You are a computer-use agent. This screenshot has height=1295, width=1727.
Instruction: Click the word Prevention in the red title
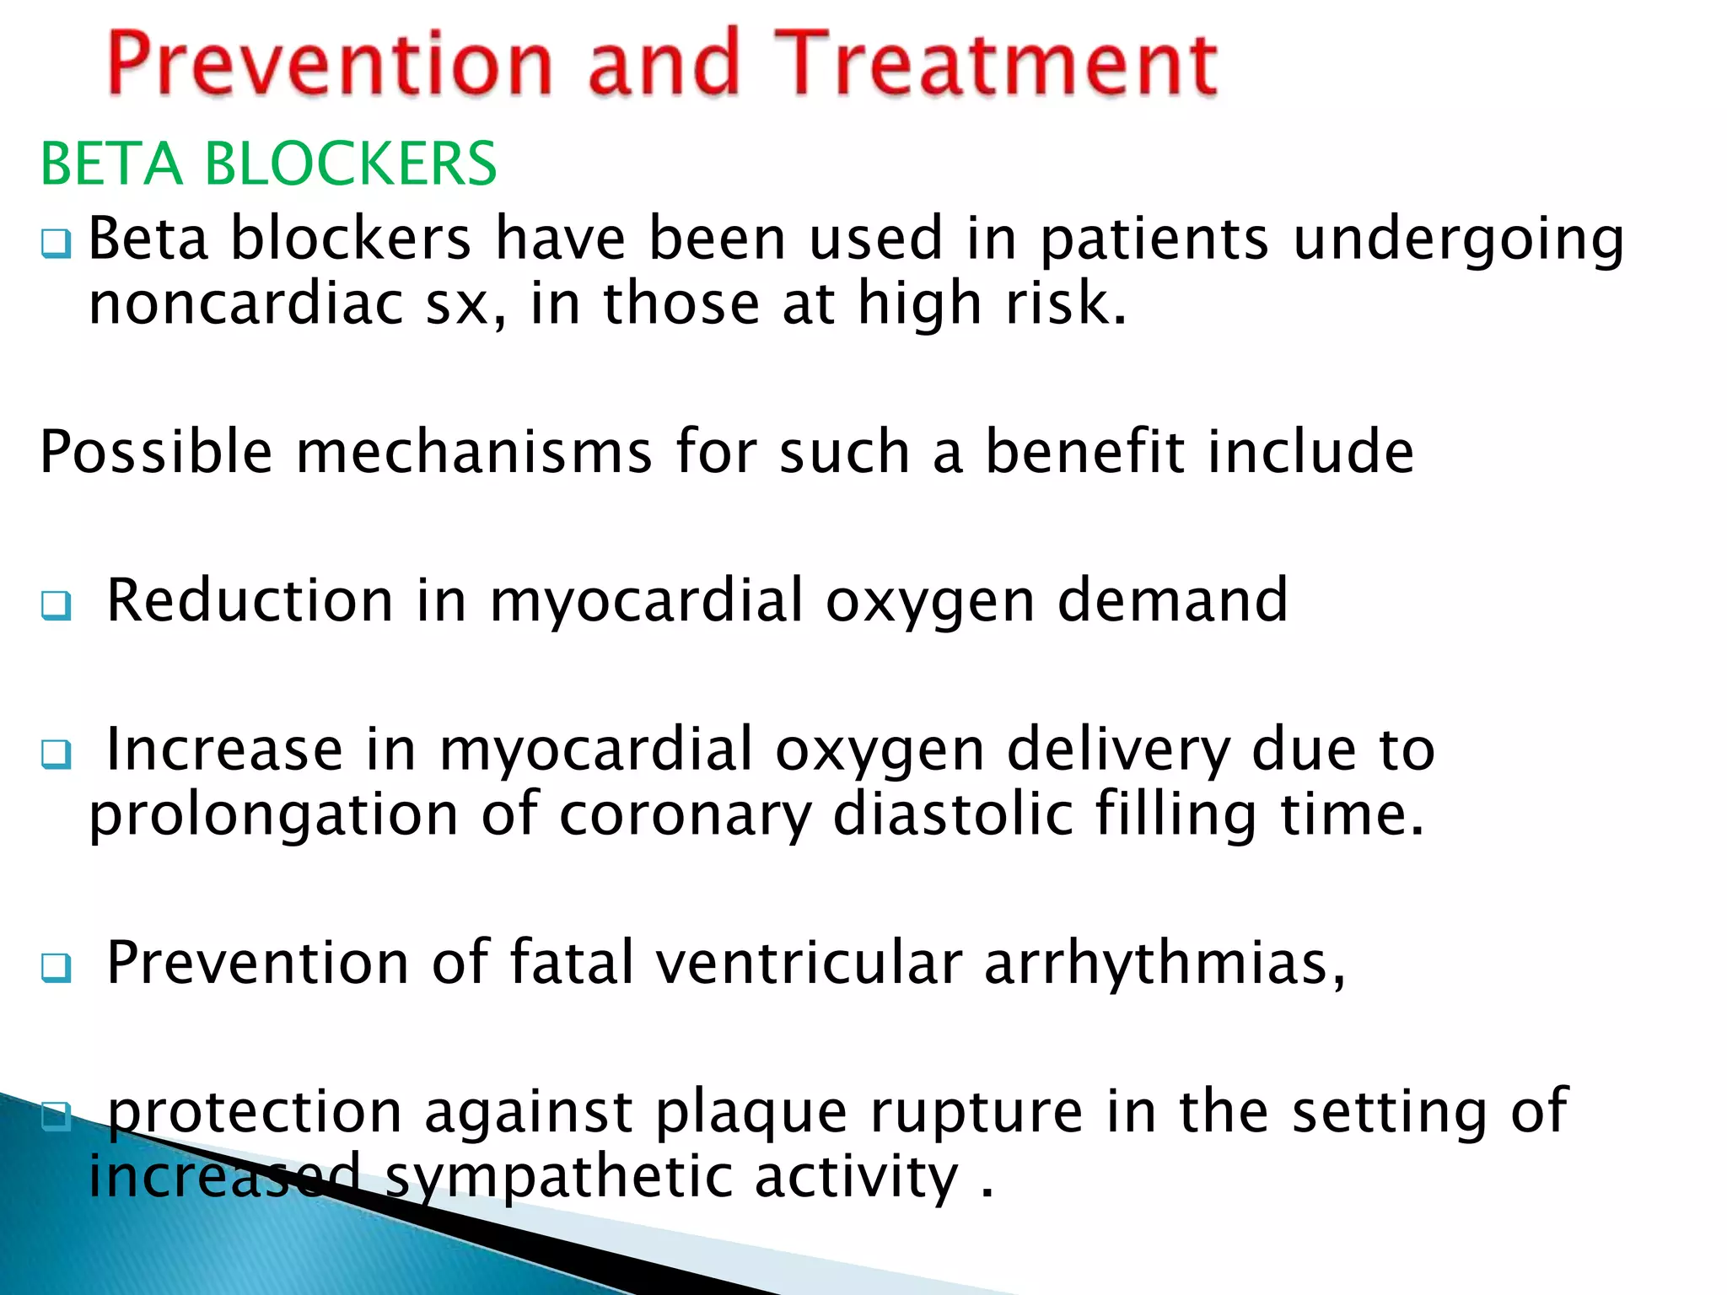329,64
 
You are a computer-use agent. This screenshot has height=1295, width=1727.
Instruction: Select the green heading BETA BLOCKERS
268,164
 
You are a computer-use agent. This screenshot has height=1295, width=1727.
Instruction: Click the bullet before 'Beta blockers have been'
56,244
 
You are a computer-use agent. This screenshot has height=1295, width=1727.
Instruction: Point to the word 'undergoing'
1459,241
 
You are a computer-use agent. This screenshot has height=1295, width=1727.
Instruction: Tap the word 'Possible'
156,453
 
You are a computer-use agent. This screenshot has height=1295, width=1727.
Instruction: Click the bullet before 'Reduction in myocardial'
56,605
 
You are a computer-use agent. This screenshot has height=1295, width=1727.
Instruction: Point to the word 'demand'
1172,601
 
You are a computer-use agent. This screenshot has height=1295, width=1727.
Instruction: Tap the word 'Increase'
224,750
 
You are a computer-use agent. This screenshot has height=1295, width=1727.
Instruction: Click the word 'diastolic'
953,814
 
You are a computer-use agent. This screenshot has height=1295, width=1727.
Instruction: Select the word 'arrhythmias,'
1165,964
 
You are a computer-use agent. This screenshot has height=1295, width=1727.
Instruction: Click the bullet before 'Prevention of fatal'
56,967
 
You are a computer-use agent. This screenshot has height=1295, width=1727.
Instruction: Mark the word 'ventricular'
809,964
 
